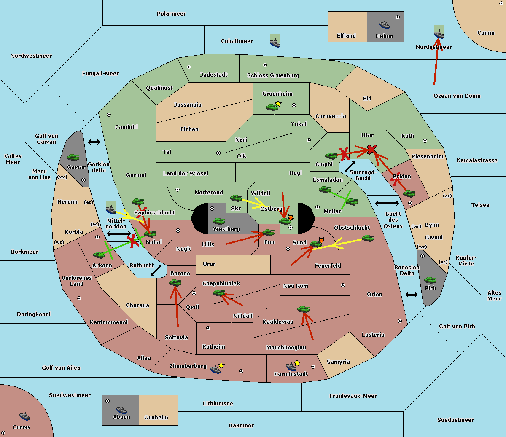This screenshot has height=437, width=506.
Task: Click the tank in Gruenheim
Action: (272, 107)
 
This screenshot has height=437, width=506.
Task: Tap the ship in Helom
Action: (384, 24)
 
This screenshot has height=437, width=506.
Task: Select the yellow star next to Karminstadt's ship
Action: (297, 363)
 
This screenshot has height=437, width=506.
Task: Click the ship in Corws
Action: (24, 416)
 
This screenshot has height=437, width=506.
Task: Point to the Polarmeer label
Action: (171, 14)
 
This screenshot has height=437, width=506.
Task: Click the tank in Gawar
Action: (73, 157)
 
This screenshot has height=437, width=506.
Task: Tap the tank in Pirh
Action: (430, 280)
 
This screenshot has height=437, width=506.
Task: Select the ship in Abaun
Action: (121, 409)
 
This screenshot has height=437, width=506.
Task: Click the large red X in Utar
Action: (372, 149)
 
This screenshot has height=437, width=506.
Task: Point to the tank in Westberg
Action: (218, 221)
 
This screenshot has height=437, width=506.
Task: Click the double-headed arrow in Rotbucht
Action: (156, 271)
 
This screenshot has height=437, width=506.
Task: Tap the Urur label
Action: (209, 264)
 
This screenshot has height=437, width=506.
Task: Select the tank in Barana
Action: (175, 283)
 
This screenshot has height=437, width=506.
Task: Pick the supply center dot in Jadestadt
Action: (189, 67)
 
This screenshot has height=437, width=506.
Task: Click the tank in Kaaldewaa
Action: (303, 309)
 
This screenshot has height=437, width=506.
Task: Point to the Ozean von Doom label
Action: (457, 96)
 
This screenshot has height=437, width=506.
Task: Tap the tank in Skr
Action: (236, 198)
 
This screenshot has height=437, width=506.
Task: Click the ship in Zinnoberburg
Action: (215, 369)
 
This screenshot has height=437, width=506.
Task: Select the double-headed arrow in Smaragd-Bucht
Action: (350, 166)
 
